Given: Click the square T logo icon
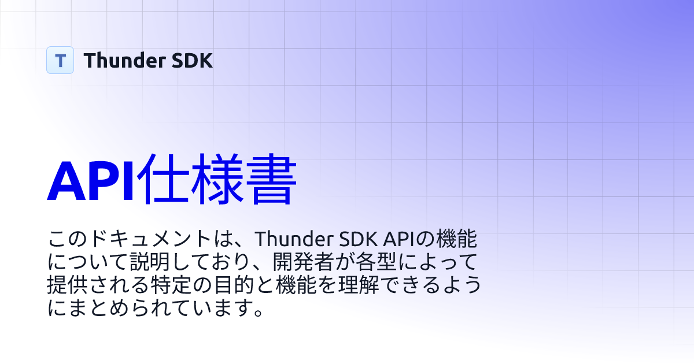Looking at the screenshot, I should pos(60,60).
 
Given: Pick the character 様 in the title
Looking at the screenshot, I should pos(220,179).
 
